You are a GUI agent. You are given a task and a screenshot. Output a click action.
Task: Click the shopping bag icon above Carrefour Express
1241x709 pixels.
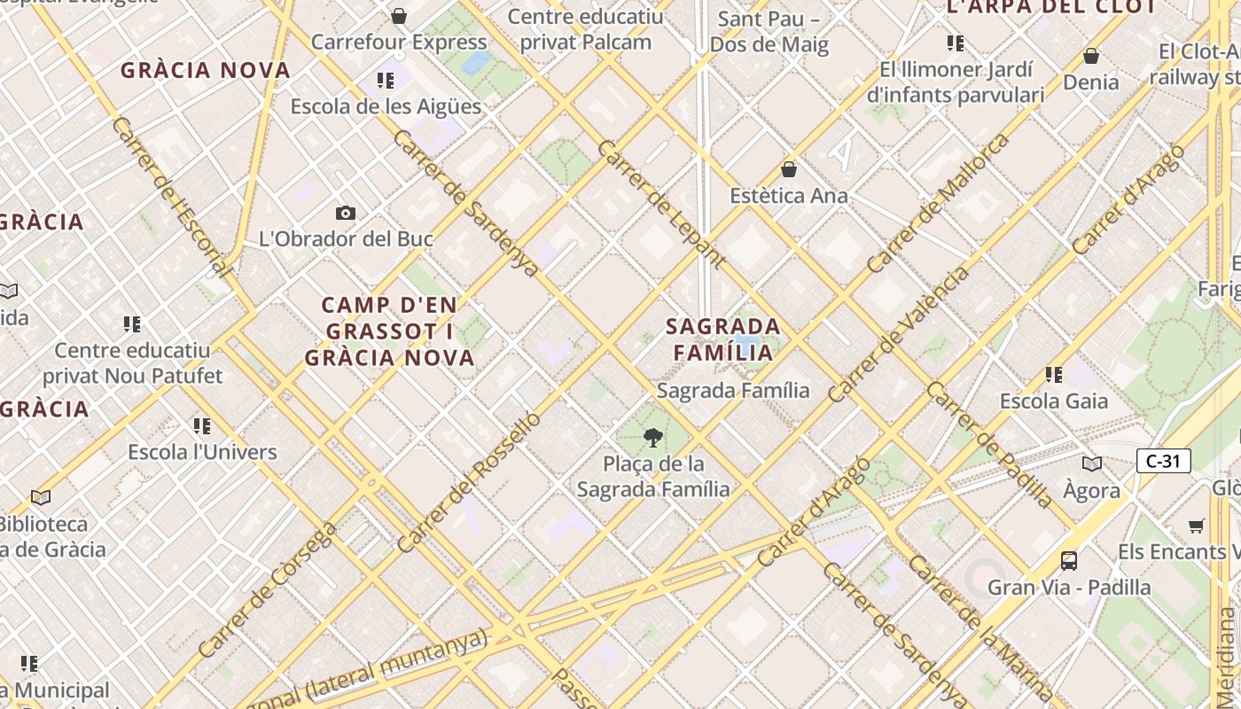(x=399, y=16)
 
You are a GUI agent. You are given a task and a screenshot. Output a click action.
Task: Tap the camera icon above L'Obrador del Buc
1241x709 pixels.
(x=346, y=213)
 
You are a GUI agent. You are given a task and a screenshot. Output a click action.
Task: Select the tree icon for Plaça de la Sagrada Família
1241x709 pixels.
(x=653, y=437)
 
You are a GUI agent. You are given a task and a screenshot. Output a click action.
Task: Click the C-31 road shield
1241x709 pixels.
(x=1163, y=461)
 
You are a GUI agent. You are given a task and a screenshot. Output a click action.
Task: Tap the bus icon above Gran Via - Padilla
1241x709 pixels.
(x=1069, y=560)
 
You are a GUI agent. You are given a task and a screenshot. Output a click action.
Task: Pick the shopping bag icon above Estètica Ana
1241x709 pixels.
(x=789, y=169)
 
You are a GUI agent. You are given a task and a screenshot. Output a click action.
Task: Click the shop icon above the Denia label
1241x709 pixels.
(x=1091, y=56)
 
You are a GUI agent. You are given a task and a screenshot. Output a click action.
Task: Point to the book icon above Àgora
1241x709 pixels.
(x=1092, y=464)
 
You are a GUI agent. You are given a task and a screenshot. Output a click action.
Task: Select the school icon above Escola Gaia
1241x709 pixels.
(x=1053, y=375)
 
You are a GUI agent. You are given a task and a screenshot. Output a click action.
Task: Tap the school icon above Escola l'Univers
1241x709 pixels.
(x=202, y=426)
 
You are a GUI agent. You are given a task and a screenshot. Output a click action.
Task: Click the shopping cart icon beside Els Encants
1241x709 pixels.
(x=1196, y=526)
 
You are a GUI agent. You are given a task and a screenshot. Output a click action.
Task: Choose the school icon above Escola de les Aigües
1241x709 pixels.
(x=386, y=81)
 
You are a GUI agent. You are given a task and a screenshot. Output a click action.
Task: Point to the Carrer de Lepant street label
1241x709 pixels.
(x=661, y=204)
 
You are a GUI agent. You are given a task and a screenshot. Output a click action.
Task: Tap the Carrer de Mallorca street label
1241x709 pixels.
(x=938, y=204)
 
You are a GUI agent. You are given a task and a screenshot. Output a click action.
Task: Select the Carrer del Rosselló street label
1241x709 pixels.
(x=469, y=482)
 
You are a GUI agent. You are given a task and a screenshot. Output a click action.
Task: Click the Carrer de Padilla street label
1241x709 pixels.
(x=990, y=445)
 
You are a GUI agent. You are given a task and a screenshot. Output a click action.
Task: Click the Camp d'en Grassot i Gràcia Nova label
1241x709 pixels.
(x=390, y=331)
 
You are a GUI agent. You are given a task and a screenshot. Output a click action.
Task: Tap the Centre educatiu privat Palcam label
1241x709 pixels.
(x=585, y=29)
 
